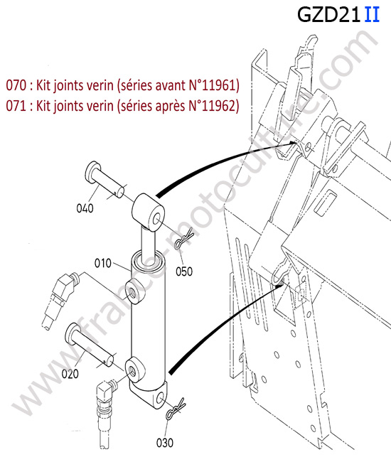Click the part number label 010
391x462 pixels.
point(103,263)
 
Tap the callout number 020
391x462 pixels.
point(70,374)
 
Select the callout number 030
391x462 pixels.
point(165,443)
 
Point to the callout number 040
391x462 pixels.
point(85,208)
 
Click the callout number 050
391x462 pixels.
point(184,272)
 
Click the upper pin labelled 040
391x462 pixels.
point(104,180)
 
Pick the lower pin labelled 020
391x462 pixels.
point(88,344)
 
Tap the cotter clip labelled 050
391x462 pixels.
point(184,239)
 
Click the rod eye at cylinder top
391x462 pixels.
point(148,212)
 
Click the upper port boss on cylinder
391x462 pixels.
point(135,291)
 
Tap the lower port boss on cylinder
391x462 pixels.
point(135,369)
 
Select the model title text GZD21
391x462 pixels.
point(328,15)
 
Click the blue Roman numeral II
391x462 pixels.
point(372,15)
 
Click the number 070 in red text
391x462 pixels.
point(16,85)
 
